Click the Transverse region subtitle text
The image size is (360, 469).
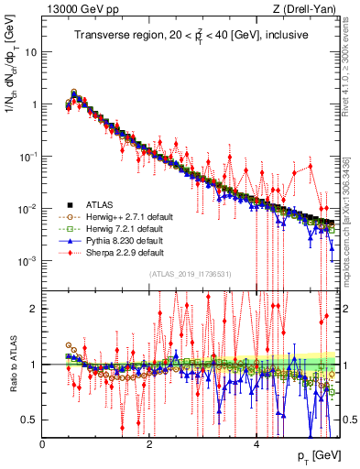coord(190,36)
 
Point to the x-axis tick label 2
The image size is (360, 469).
coord(149,442)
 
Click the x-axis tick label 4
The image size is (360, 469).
coord(256,442)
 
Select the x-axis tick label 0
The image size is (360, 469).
coord(43,442)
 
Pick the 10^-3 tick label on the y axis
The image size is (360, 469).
coord(27,261)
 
